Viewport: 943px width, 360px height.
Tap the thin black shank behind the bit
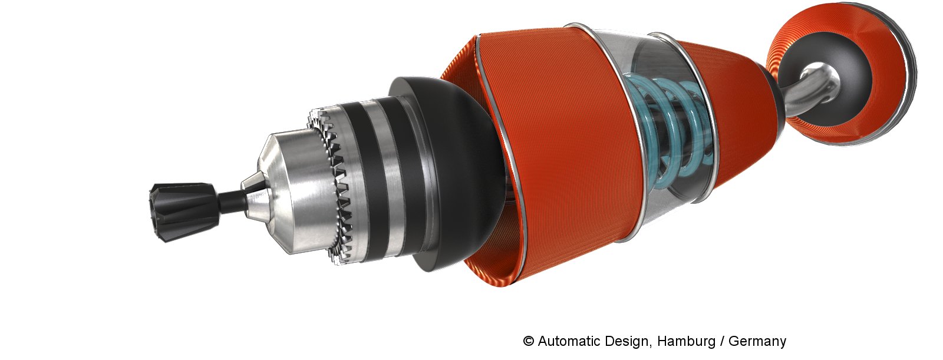(x=232, y=199)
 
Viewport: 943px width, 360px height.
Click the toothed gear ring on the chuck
(x=332, y=185)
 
